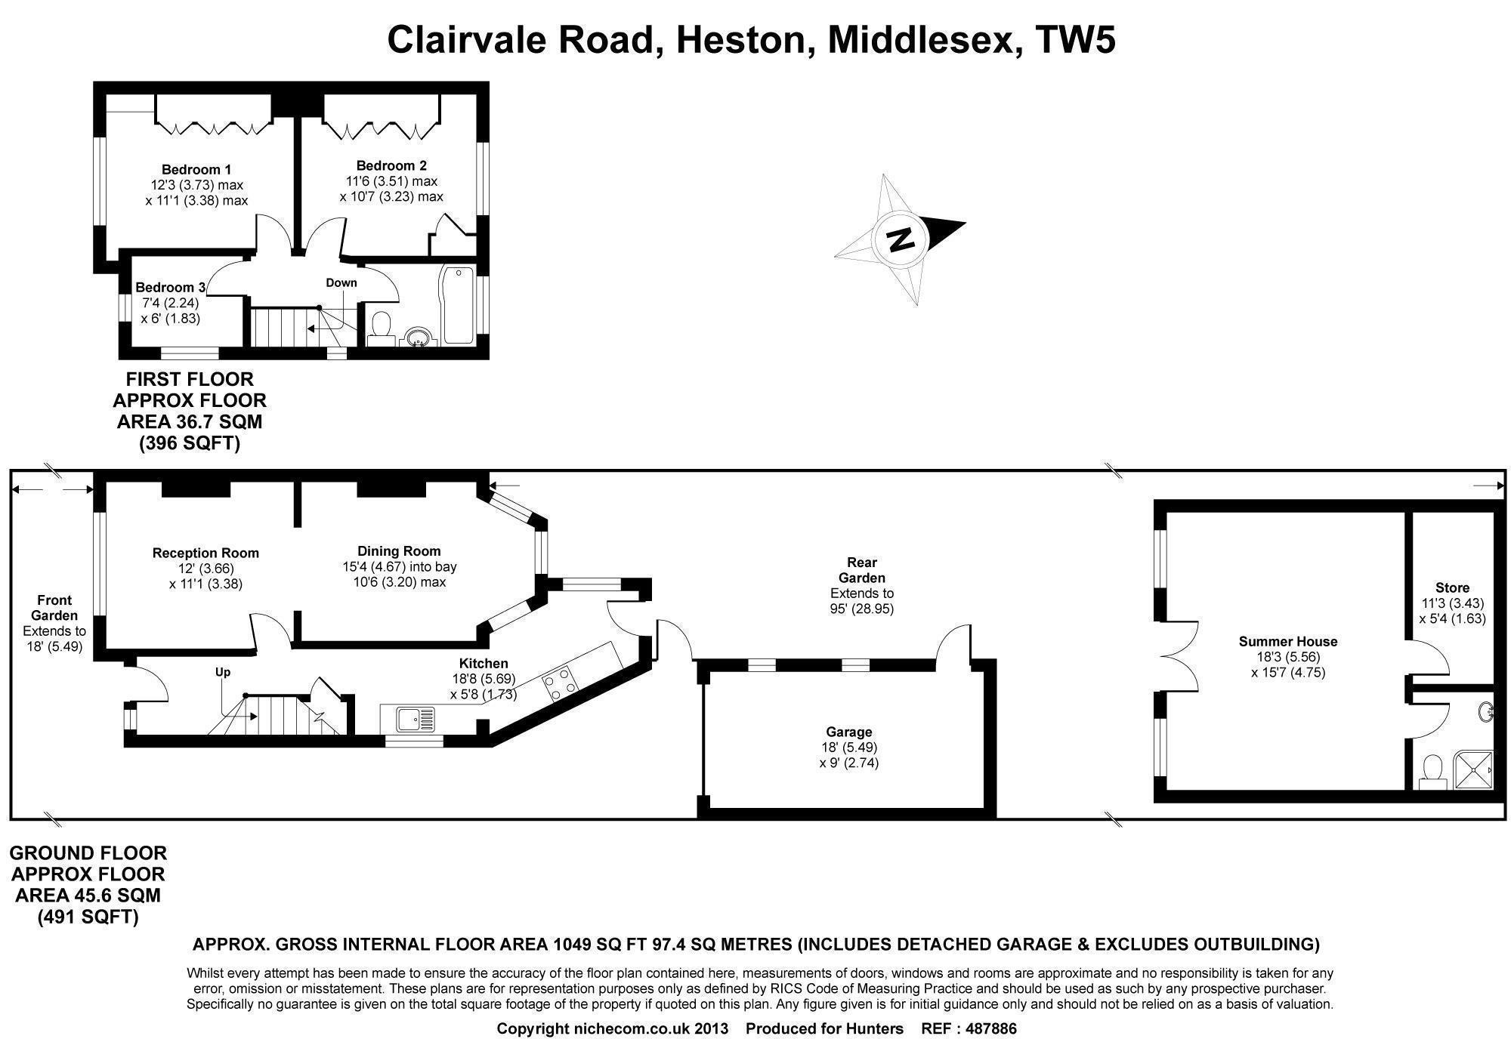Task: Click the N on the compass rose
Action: [900, 239]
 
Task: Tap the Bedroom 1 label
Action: [196, 169]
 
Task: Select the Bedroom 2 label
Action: [391, 165]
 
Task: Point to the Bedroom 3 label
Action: [170, 287]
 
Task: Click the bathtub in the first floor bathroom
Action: [458, 304]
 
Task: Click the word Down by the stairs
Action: [341, 282]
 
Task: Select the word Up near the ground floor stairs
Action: [223, 671]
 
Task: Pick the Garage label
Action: [849, 731]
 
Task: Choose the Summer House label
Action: [1288, 641]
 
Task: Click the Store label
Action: [1452, 587]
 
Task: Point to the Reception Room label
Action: [205, 553]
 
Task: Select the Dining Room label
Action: [399, 551]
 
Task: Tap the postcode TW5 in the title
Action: [1075, 40]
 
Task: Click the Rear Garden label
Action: [862, 570]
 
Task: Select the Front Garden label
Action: [54, 608]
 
